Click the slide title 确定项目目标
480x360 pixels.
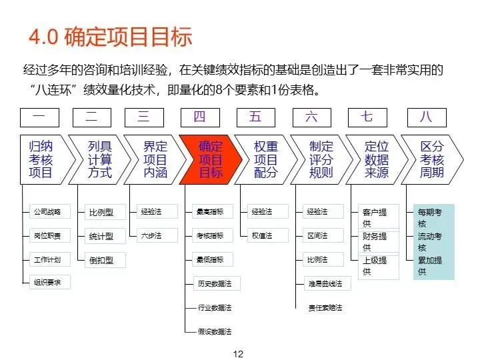(110, 36)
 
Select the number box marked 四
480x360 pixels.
(199, 117)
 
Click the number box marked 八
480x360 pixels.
(426, 117)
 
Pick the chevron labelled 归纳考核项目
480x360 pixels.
(41, 159)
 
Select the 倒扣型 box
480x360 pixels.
(101, 259)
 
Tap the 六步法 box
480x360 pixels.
(151, 235)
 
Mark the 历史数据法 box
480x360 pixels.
(214, 283)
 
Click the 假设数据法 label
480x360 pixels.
(214, 331)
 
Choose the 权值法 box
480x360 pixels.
(262, 235)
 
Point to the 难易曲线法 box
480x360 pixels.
(325, 283)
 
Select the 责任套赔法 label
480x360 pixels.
(325, 307)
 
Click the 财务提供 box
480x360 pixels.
(375, 241)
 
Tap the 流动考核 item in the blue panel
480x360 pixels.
(430, 241)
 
